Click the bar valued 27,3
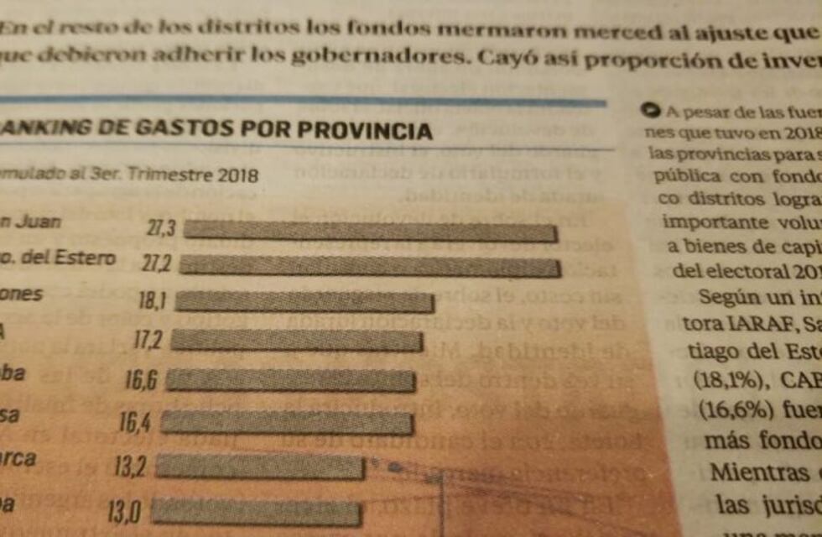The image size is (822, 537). pos(370,231)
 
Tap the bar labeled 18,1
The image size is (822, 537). pos(304,302)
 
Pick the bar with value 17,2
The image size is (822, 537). pos(296,340)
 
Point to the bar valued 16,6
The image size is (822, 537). pos(290,381)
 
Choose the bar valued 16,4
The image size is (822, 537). pos(287,422)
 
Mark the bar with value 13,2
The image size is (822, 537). pos(260,467)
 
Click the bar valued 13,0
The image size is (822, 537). pos(256,512)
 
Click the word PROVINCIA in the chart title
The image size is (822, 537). pos(366,131)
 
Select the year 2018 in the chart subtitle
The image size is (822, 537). pos(238,176)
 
